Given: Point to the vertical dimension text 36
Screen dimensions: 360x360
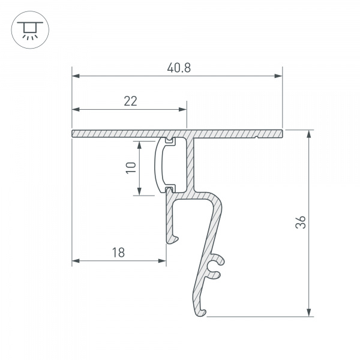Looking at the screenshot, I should (x=301, y=223).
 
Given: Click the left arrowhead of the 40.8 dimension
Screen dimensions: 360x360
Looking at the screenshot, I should (x=76, y=76).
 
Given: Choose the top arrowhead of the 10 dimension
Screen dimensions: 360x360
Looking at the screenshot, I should (x=139, y=145).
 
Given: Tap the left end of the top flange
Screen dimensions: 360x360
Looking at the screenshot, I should (x=73, y=133).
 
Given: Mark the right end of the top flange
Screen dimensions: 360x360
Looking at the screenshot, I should (x=281, y=133).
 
